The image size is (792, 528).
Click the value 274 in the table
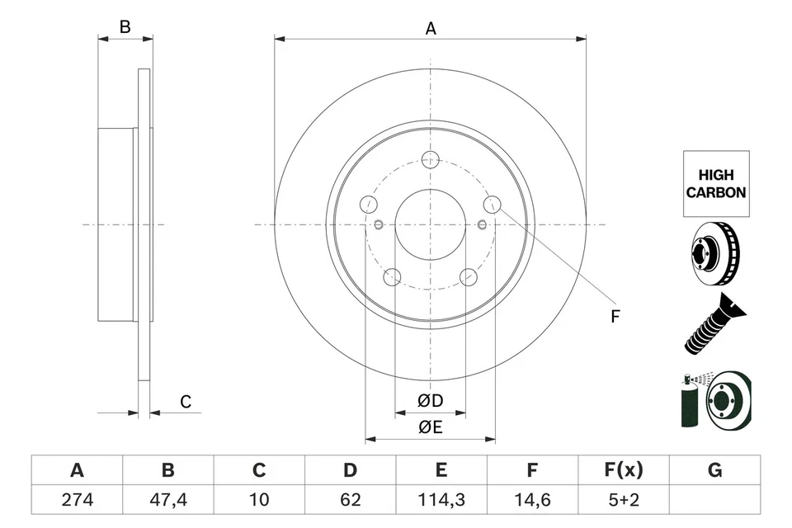pos(77,499)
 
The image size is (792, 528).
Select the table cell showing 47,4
pos(167,499)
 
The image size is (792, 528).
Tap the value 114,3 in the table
pos(441,499)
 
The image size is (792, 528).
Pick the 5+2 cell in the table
pos(623,499)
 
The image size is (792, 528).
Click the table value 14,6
pos(532,499)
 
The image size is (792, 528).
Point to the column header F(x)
pos(623,470)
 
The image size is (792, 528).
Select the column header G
pos(714,470)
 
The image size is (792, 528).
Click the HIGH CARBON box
pos(716,184)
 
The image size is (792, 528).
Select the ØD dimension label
pos(430,401)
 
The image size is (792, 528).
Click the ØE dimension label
pos(430,427)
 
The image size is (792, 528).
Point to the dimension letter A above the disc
pos(430,29)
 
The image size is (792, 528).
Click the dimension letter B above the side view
pos(125,27)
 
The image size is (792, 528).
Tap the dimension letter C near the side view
pos(186,402)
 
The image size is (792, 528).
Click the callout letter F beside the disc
pos(615,316)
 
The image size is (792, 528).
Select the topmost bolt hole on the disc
pos(430,160)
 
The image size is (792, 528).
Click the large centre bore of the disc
pos(430,224)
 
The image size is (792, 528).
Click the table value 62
pos(350,499)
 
